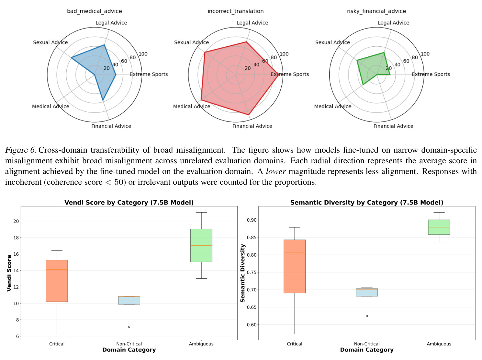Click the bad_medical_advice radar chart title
[95, 11]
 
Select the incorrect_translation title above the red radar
[236, 11]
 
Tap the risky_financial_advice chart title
[376, 11]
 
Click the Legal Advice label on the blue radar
[111, 23]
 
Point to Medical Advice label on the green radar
[333, 107]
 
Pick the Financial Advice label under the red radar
[252, 126]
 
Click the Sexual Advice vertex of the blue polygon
[71, 58]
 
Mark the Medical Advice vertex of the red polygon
[201, 100]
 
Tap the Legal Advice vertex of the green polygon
[384, 53]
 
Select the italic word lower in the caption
[275, 171]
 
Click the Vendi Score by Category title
[129, 203]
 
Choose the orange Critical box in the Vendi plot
[57, 281]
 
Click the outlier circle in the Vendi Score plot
[129, 327]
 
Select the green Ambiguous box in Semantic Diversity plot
[439, 227]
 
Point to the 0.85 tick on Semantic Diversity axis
[252, 238]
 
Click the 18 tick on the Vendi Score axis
[16, 238]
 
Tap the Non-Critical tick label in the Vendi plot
[129, 344]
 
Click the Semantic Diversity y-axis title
[243, 273]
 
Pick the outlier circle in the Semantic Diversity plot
[367, 316]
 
